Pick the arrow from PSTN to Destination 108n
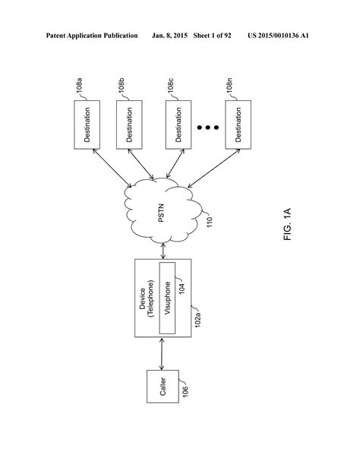pyautogui.click(x=210, y=169)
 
